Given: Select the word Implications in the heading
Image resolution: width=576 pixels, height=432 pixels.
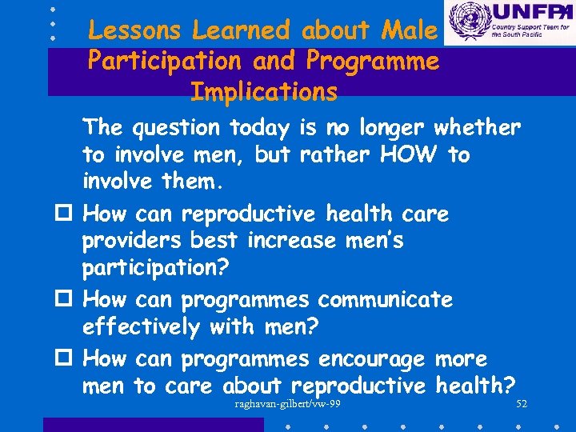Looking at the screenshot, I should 264,92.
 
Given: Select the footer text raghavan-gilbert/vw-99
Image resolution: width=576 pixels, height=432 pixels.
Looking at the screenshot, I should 288,404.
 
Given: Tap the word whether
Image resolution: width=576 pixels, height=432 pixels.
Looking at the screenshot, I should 477,127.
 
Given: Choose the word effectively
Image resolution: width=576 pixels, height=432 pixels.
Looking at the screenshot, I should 141,327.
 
